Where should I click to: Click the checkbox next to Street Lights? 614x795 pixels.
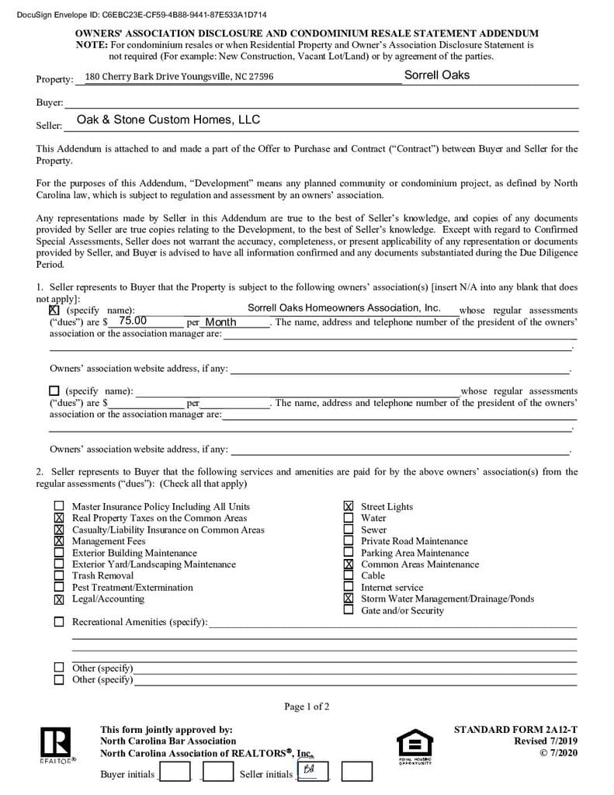point(349,506)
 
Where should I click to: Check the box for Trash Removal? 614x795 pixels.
point(59,575)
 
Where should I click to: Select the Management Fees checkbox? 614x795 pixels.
point(59,540)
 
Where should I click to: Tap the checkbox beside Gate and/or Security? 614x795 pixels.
point(349,610)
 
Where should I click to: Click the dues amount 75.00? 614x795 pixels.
point(133,321)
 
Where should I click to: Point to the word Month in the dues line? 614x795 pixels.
point(220,322)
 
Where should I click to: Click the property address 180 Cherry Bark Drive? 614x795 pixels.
point(179,77)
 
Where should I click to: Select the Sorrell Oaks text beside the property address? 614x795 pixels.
point(436,75)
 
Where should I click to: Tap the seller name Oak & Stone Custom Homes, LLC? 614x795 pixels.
point(168,120)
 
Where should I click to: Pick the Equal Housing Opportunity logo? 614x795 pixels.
point(415,745)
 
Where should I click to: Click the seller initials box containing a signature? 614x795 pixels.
point(311,771)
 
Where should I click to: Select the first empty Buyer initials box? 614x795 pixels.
point(175,772)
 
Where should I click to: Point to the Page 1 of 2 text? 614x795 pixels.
point(307,706)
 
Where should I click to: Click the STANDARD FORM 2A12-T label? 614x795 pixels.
point(515,730)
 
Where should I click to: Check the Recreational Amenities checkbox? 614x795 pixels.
point(59,622)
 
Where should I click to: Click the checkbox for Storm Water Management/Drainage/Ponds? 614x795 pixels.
point(349,599)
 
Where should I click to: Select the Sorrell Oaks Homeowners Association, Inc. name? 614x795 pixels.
point(344,308)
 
